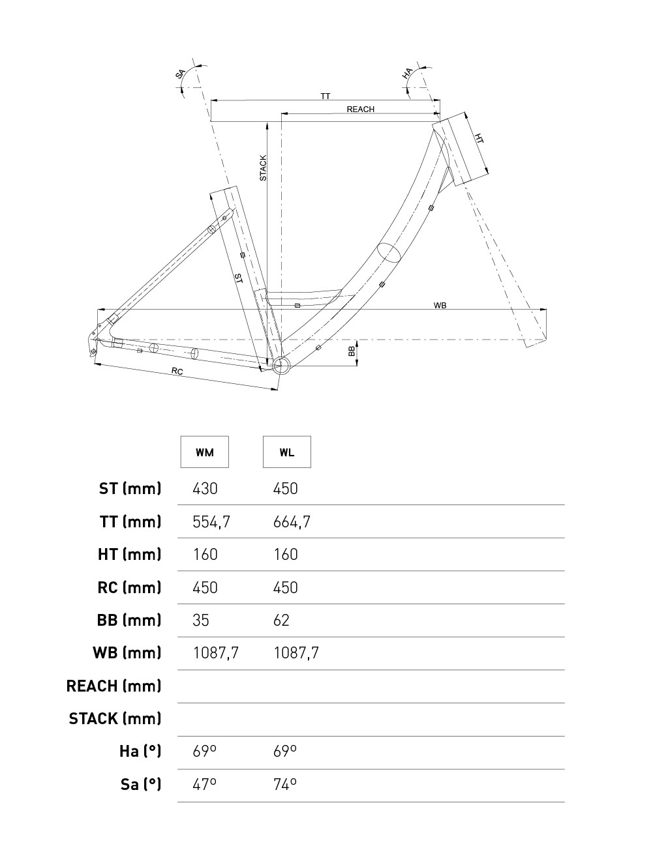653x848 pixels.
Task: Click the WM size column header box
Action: [x=205, y=452]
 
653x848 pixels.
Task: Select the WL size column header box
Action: [x=287, y=452]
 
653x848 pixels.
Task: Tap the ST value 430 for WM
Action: [x=205, y=489]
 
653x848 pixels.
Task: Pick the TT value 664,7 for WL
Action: [x=292, y=522]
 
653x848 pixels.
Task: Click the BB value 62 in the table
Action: [x=281, y=621]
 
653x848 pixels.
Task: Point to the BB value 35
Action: [x=201, y=621]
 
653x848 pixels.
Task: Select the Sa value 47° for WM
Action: [x=205, y=784]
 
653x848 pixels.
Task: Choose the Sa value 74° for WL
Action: [x=285, y=784]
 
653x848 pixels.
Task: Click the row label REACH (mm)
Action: [x=114, y=686]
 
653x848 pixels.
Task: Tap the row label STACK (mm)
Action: [x=115, y=719]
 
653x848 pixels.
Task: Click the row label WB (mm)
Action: [x=128, y=653]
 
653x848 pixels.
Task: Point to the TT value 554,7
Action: [x=212, y=522]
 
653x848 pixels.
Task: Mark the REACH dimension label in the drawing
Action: [x=360, y=110]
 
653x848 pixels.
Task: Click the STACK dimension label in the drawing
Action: [x=263, y=168]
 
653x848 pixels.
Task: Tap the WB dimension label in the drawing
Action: [x=440, y=306]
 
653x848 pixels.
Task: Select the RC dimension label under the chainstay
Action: [x=177, y=372]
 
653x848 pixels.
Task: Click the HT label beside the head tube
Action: [x=479, y=139]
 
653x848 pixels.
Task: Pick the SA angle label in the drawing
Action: [x=181, y=74]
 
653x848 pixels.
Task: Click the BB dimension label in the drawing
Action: [x=352, y=351]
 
